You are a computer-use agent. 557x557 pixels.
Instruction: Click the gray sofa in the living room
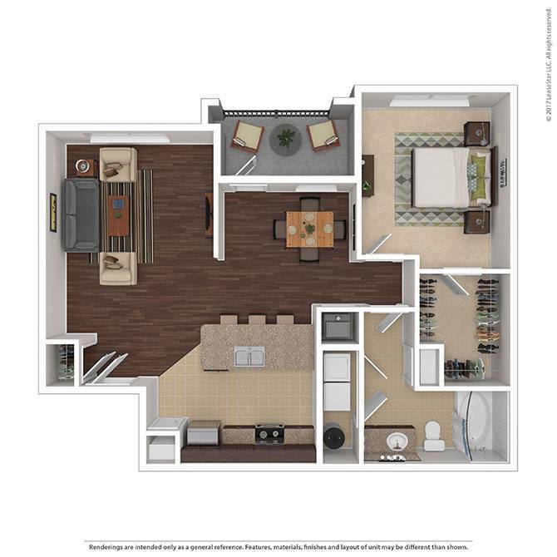pos(81,215)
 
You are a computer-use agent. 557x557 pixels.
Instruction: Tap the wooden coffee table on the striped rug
pos(118,215)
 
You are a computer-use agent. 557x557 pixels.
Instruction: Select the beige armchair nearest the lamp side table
pos(117,164)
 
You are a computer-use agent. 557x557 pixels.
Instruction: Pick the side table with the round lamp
pos(84,167)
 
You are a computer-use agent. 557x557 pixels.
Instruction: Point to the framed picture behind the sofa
pos(53,212)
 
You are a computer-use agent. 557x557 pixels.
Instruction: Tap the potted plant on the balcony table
pos(286,138)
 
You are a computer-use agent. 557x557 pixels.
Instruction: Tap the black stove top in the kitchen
pos(269,433)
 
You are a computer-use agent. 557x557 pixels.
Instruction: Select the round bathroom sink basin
pos(392,441)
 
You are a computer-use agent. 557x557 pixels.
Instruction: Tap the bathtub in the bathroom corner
pos(475,423)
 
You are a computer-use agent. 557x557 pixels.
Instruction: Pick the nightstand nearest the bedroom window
pos(477,133)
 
